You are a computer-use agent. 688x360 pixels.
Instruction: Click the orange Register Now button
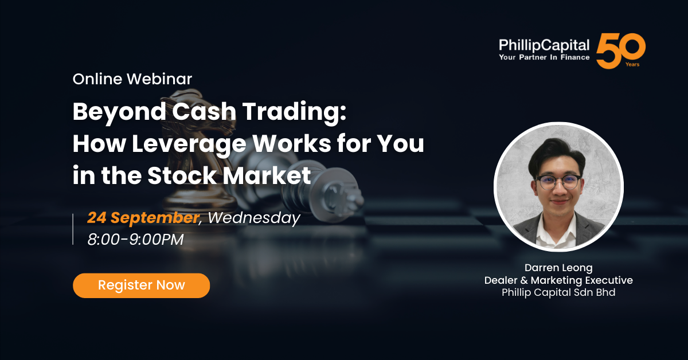(141, 285)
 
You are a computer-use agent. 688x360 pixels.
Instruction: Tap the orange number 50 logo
(620, 50)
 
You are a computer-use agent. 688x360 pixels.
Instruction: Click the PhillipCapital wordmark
(544, 45)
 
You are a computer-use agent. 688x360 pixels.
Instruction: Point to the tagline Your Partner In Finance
(544, 57)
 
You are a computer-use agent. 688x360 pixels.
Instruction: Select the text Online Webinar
(132, 79)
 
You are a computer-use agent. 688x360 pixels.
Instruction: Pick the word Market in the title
(267, 175)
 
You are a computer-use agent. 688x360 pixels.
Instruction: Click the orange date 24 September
(143, 218)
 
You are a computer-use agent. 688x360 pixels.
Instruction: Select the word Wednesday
(254, 218)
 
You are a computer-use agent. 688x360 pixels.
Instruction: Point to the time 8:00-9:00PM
(135, 240)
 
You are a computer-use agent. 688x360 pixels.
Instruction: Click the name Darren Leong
(558, 268)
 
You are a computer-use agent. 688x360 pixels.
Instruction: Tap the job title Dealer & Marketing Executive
(558, 280)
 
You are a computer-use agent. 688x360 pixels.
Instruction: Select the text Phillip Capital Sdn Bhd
(558, 292)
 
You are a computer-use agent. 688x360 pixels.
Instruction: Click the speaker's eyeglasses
(558, 182)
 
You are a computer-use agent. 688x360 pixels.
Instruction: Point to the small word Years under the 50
(632, 65)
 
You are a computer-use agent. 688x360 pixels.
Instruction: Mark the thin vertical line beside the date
(73, 229)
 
